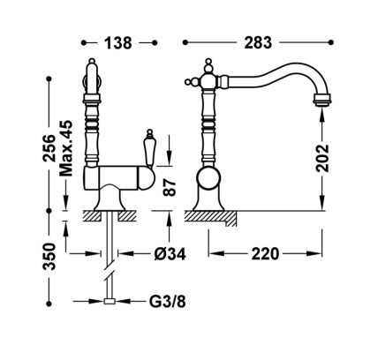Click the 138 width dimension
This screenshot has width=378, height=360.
118,43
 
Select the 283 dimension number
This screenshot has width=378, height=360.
258,43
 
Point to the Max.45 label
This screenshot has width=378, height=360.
66,148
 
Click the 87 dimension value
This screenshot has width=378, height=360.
170,188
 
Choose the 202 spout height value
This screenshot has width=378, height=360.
322,158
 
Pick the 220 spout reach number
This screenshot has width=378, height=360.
265,253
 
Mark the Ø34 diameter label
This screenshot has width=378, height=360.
170,253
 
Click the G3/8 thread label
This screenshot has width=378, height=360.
168,301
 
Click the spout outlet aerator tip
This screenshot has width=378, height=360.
322,100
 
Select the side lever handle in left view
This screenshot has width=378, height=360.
149,149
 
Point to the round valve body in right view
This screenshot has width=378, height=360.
208,178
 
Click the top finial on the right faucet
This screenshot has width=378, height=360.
208,62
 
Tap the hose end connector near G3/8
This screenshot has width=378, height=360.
110,301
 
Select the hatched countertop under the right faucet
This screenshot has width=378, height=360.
210,219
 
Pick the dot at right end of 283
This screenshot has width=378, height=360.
331,42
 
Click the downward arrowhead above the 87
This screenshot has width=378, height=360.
170,159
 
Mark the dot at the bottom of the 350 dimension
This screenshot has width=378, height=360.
49,304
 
